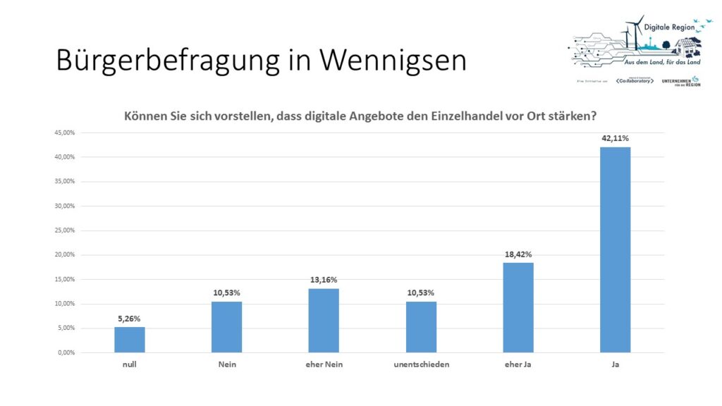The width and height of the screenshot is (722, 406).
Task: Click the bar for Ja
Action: point(615,250)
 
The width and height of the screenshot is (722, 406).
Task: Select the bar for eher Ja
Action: point(518,307)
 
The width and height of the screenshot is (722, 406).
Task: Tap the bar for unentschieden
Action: point(421,327)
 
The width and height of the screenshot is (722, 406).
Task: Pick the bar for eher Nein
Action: point(324,321)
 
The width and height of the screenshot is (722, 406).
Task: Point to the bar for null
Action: point(130,340)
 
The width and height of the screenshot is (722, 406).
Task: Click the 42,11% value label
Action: point(615,138)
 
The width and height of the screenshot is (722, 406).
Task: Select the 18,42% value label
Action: point(518,254)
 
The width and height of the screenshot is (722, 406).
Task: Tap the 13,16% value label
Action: point(324,280)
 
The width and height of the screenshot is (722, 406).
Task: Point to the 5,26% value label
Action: point(130,318)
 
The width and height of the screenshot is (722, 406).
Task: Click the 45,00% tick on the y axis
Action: point(63,133)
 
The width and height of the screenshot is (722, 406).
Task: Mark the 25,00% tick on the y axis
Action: point(63,230)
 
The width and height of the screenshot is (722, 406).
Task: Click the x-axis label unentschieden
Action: point(421,364)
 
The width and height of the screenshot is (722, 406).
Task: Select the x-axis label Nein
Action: point(226,364)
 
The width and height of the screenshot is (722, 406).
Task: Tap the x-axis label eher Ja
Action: point(518,364)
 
